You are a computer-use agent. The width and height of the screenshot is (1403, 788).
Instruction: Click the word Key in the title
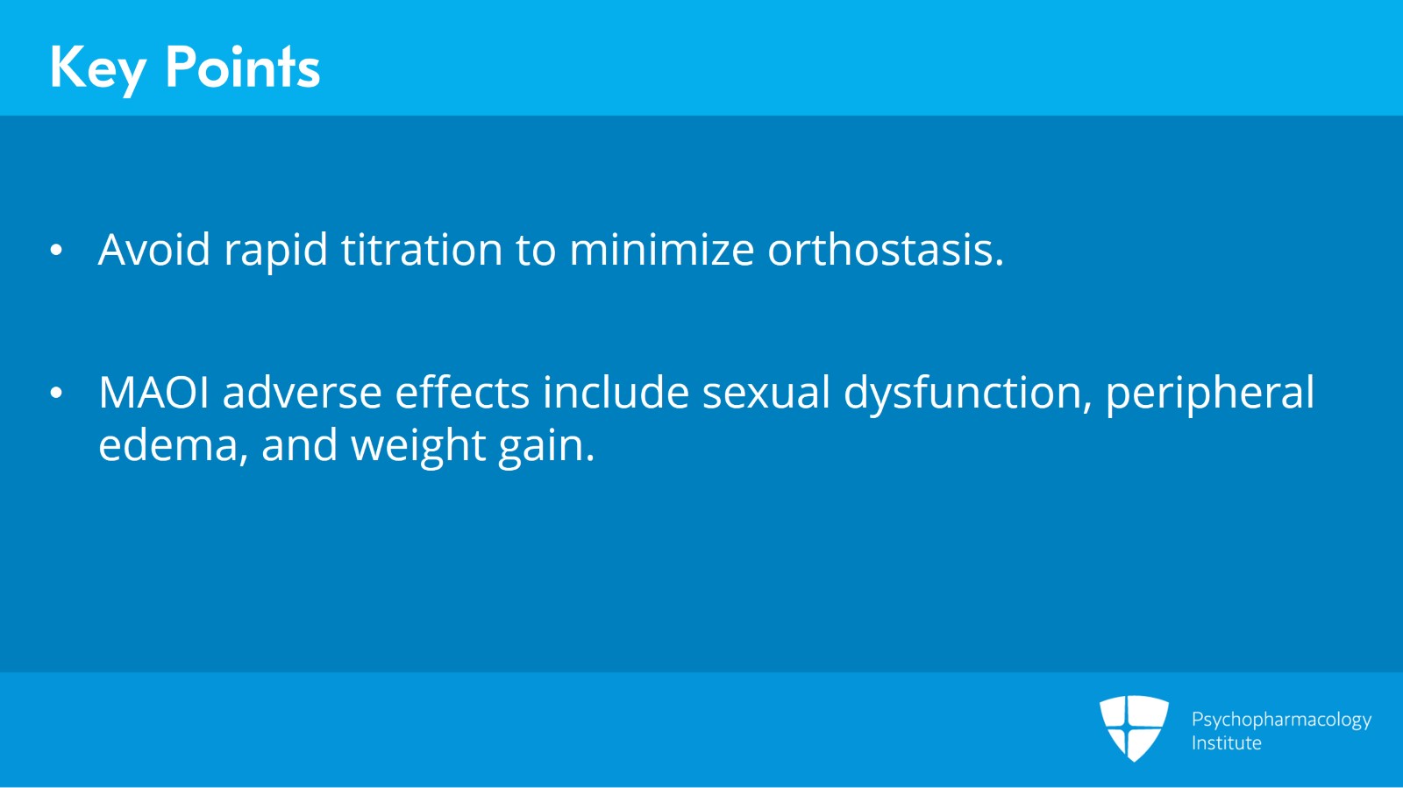[96, 67]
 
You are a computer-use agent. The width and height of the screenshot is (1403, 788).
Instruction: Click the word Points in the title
[243, 67]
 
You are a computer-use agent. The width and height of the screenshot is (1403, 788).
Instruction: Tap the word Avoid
[154, 250]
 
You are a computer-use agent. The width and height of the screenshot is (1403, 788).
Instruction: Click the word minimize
[661, 250]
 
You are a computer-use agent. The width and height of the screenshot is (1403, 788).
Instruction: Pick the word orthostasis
[885, 250]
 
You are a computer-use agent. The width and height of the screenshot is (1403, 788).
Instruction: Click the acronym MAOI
[153, 393]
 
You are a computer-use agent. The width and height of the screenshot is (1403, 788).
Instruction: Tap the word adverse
[302, 393]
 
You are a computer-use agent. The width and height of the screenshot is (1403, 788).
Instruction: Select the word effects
[462, 393]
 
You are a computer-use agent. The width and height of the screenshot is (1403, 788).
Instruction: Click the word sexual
[766, 393]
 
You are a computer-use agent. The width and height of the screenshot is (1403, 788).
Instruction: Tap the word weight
[417, 447]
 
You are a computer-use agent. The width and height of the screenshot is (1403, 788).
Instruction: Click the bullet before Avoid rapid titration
[56, 252]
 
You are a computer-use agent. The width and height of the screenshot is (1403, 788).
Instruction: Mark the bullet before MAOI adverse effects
[56, 394]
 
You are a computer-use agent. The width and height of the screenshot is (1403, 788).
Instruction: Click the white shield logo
[1134, 727]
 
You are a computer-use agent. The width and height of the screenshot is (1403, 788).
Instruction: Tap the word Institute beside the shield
[1226, 743]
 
